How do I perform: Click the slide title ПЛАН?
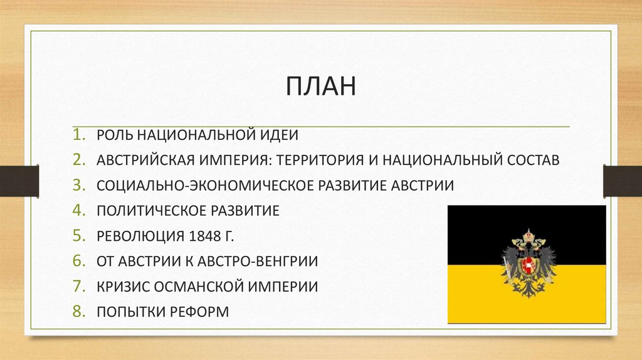click(x=321, y=87)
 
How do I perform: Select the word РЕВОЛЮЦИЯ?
click(x=137, y=236)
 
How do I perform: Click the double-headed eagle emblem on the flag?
click(x=529, y=263)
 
